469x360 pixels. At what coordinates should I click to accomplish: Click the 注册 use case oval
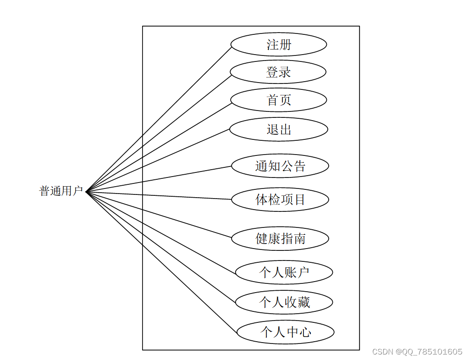click(278, 45)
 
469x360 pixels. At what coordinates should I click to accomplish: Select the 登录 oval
click(278, 72)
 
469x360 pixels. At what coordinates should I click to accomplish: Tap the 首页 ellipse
click(278, 100)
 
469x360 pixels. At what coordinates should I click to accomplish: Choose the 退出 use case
click(278, 129)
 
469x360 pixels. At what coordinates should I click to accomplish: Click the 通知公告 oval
click(280, 166)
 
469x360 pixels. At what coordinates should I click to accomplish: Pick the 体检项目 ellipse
click(280, 199)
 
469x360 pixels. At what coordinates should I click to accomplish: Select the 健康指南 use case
click(280, 238)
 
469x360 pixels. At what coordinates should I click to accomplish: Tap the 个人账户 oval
click(284, 272)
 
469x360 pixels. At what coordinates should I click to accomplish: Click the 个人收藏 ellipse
click(284, 302)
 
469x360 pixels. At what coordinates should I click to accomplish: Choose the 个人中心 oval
click(285, 332)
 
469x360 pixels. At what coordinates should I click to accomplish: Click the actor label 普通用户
click(61, 191)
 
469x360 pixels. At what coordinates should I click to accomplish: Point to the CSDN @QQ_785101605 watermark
click(417, 352)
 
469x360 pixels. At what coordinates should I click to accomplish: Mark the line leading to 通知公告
click(159, 179)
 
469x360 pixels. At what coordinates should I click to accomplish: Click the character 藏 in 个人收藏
click(303, 302)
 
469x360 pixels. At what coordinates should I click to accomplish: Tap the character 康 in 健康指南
click(274, 238)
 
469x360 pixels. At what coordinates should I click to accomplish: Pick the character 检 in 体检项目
click(274, 199)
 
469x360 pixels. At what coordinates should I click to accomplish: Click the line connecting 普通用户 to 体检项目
click(159, 195)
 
